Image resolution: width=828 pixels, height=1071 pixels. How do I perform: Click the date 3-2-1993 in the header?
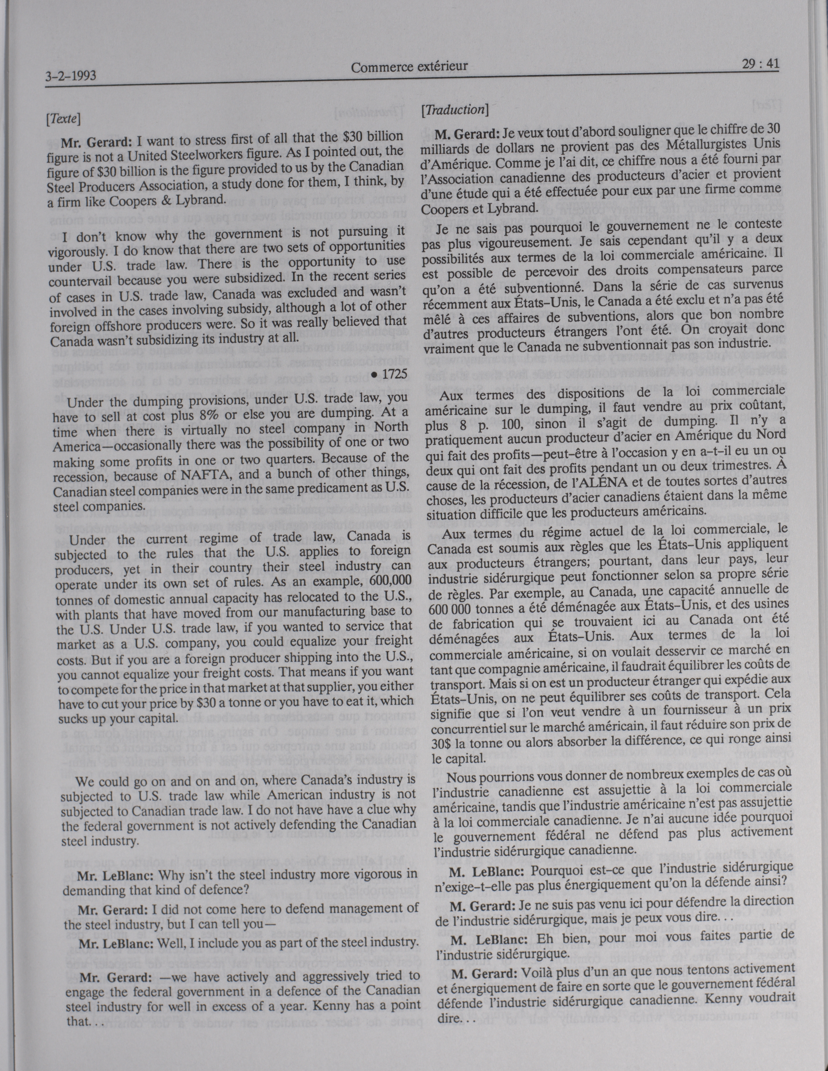point(70,76)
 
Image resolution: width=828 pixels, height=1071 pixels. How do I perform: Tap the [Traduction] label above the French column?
point(454,110)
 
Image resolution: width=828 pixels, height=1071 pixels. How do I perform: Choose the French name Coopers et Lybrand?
point(476,208)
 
